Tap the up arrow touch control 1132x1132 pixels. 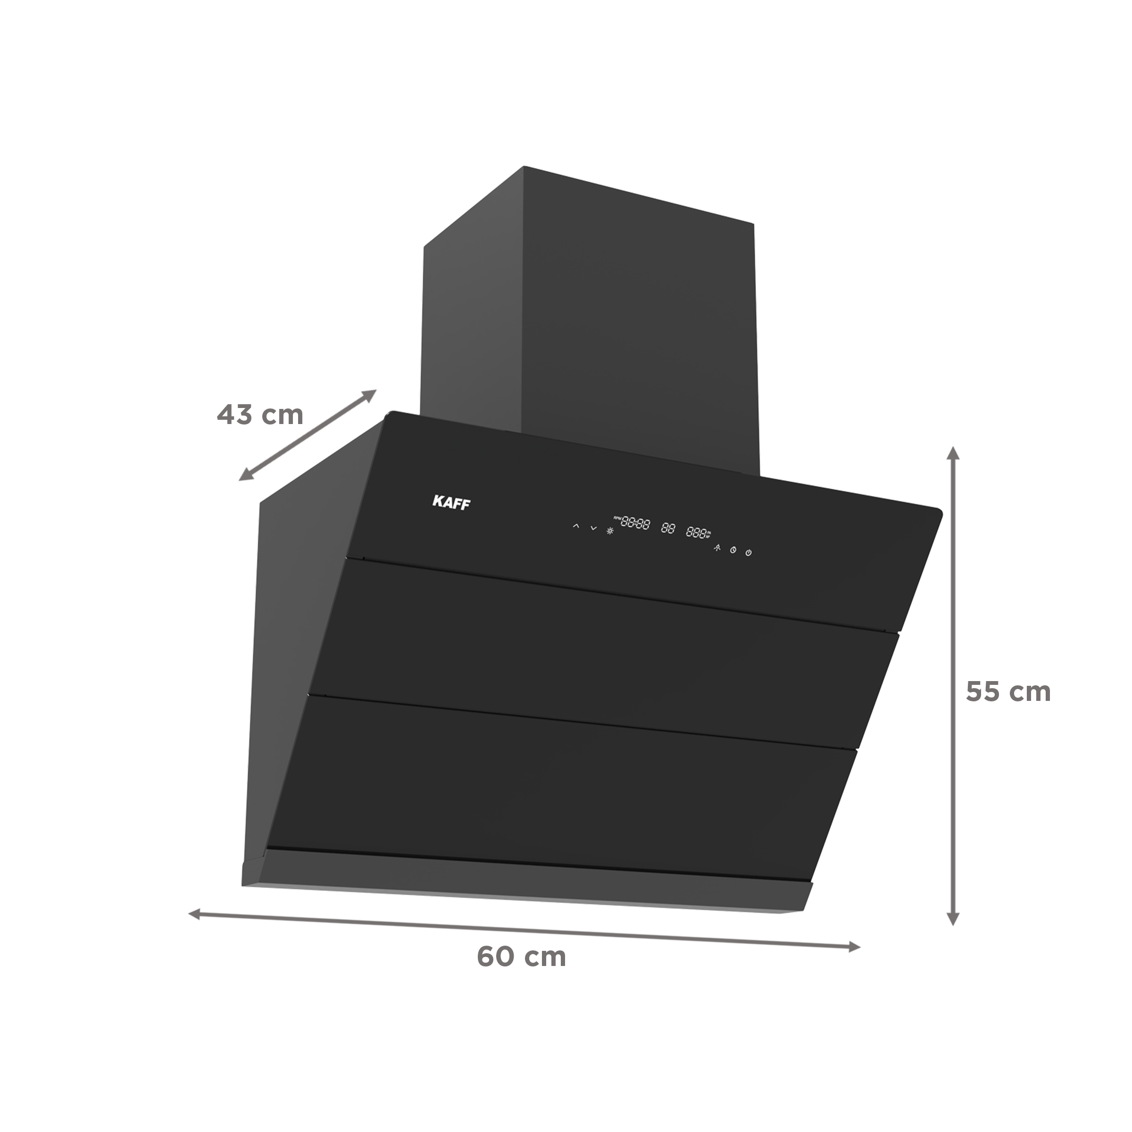[576, 527]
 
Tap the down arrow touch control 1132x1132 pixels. [593, 528]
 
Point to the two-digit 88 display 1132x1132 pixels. [668, 528]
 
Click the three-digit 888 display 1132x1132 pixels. [696, 532]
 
